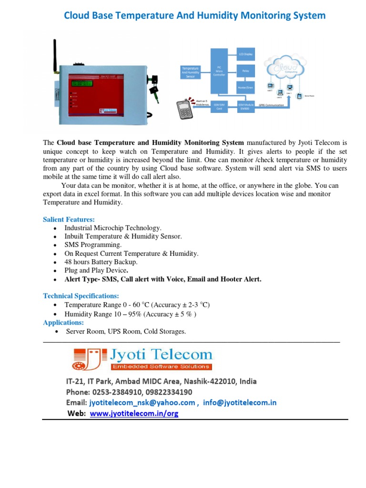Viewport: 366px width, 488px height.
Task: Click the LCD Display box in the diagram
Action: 246,55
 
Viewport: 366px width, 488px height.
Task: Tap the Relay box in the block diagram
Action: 246,71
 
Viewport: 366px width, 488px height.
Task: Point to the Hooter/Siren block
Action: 246,88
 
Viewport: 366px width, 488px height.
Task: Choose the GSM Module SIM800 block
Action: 246,106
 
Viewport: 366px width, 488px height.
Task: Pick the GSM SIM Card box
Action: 220,106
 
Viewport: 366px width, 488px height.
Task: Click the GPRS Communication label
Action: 271,105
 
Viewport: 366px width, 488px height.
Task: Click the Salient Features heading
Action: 69,220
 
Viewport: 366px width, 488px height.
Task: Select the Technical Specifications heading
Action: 81,296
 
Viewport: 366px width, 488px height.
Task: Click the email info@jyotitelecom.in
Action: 240,403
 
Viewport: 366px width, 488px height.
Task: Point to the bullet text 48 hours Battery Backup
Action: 101,262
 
